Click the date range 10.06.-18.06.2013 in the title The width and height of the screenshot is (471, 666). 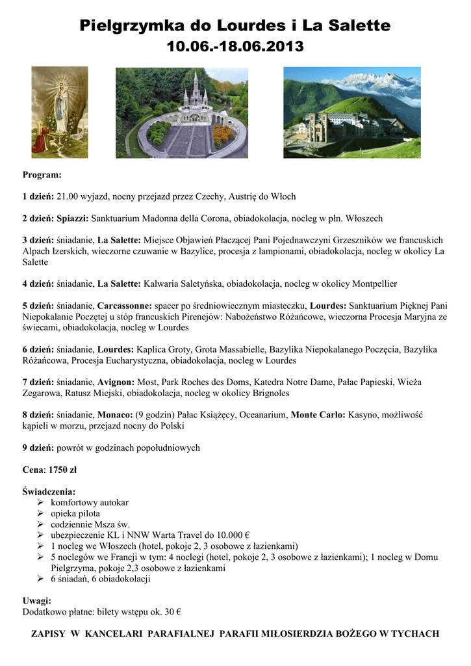point(235,47)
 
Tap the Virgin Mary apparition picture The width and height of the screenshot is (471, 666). point(60,112)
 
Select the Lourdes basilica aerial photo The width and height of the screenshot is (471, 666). point(181,113)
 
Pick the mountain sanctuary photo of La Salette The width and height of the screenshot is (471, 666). point(351,113)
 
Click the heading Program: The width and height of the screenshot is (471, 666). point(42,175)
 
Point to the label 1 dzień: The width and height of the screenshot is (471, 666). point(38,196)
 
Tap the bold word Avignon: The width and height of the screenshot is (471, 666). point(116,382)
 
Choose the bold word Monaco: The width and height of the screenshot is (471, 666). point(115,415)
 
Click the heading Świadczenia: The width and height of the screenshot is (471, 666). point(49,491)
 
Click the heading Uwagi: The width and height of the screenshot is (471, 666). point(37,601)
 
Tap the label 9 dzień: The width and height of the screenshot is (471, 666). point(38,448)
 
